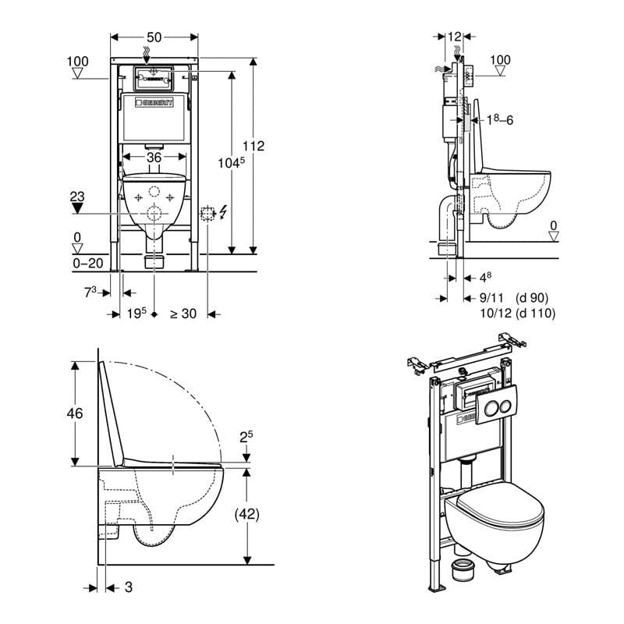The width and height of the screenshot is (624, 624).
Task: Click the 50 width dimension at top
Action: (x=154, y=37)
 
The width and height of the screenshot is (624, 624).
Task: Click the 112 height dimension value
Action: (x=254, y=145)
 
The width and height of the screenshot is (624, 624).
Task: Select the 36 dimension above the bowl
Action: (x=154, y=157)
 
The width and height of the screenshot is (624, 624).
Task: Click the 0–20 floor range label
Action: (x=89, y=264)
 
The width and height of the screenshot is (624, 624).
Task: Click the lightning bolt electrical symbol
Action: (x=225, y=211)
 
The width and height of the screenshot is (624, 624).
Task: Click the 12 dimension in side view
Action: (x=456, y=37)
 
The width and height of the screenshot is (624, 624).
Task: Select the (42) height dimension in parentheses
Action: (x=246, y=514)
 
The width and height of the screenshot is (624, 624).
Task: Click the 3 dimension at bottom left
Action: (x=128, y=587)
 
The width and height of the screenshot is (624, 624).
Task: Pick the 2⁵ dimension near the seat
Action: (x=246, y=439)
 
